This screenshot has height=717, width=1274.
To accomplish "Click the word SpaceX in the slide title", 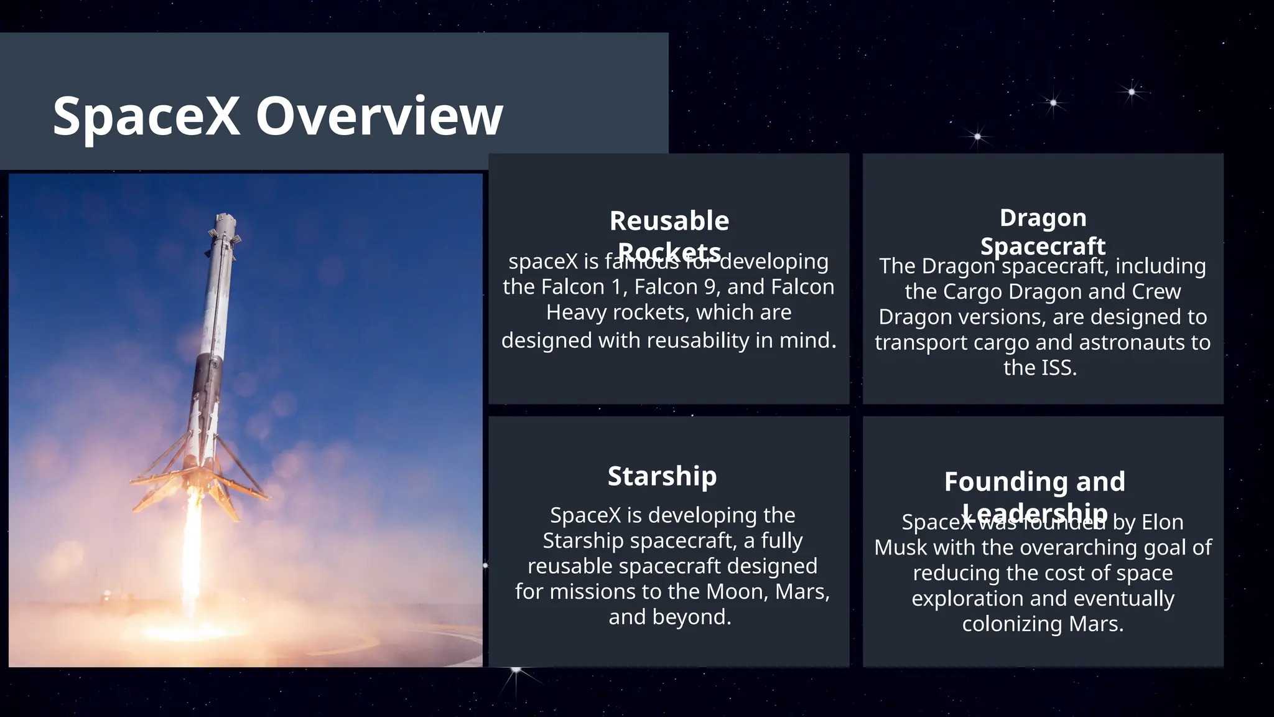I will tap(146, 116).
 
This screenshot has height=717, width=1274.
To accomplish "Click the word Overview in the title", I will tap(379, 116).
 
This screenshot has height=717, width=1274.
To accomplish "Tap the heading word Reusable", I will tap(669, 221).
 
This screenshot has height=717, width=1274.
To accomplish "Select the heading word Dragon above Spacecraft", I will tap(1043, 218).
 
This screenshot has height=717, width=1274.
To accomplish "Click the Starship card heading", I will tap(662, 476).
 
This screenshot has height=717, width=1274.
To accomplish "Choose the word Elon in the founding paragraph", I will tap(1162, 522).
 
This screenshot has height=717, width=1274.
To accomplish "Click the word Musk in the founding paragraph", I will tap(901, 548).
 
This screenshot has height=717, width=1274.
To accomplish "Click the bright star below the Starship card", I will tap(516, 670).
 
